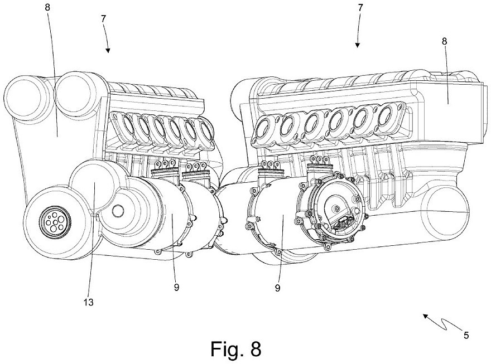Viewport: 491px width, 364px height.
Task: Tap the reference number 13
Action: click(88, 303)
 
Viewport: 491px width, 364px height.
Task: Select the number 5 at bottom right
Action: click(466, 336)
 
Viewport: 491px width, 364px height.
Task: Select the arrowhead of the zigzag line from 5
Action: click(424, 316)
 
